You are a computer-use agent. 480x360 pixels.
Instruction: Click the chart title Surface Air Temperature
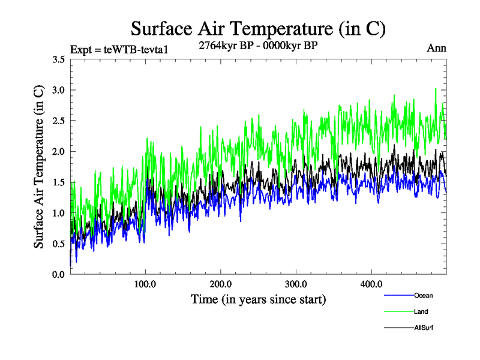pyautogui.click(x=258, y=28)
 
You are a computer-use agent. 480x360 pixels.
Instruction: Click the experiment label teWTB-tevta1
pyautogui.click(x=119, y=49)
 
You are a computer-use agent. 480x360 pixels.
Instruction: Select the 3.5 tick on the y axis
pyautogui.click(x=58, y=59)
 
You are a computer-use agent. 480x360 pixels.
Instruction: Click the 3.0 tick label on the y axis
pyautogui.click(x=58, y=90)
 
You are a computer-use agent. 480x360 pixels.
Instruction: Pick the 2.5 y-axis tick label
pyautogui.click(x=58, y=121)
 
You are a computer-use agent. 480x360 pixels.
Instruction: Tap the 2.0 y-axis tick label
pyautogui.click(x=58, y=151)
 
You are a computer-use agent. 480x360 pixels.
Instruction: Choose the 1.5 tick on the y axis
pyautogui.click(x=58, y=182)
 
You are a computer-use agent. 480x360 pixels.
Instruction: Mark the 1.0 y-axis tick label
pyautogui.click(x=58, y=212)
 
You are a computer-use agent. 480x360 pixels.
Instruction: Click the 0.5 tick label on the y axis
pyautogui.click(x=58, y=244)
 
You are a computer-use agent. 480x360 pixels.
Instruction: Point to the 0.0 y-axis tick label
pyautogui.click(x=58, y=274)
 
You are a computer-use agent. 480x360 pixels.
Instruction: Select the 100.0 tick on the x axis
pyautogui.click(x=145, y=283)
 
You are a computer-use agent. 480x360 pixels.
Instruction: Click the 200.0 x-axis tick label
pyautogui.click(x=221, y=283)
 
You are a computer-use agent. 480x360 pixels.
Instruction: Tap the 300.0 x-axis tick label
pyautogui.click(x=296, y=283)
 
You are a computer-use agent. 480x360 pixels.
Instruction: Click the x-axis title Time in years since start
pyautogui.click(x=258, y=299)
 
